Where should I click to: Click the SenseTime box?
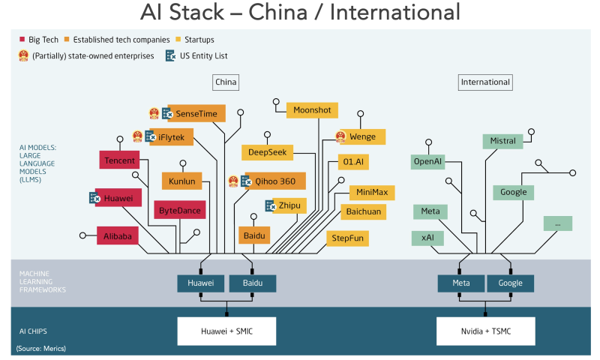(x=196, y=114)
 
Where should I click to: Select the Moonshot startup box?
(x=313, y=110)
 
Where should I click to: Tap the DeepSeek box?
(x=267, y=152)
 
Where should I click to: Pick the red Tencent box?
(x=120, y=160)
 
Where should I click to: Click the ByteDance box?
(x=179, y=211)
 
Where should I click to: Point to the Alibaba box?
(x=118, y=236)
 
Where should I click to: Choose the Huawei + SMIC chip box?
(x=226, y=330)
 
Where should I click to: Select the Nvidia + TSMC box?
(x=485, y=330)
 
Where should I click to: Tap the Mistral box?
(x=502, y=140)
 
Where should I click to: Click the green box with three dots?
(x=557, y=223)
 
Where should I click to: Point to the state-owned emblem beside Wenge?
(x=341, y=136)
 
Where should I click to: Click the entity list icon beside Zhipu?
(x=271, y=205)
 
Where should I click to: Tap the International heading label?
(x=485, y=82)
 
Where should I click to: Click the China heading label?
(x=225, y=82)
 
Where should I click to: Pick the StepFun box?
(x=347, y=238)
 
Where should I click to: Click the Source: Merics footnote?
(x=40, y=349)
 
